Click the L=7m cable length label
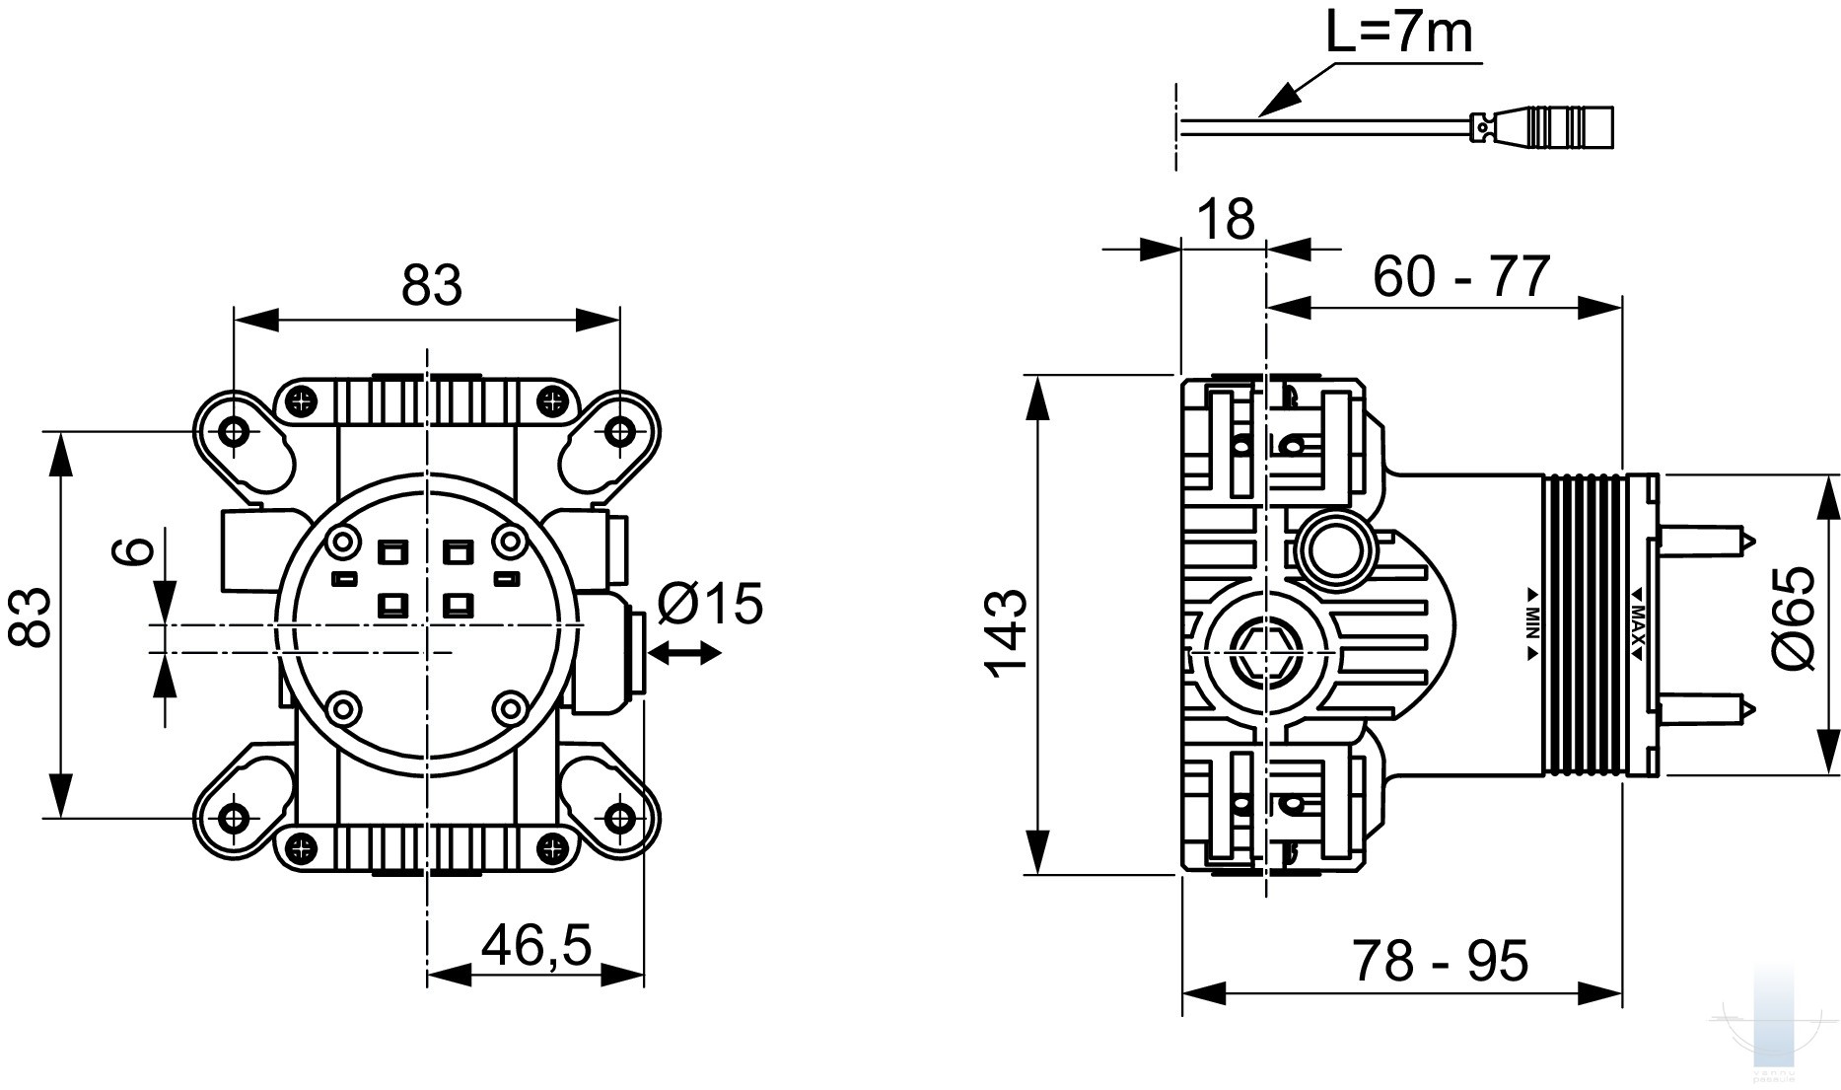point(1398,35)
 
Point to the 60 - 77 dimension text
point(1461,277)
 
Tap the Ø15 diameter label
point(709,603)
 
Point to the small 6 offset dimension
point(139,549)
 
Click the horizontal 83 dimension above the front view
point(431,286)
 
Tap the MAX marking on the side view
point(1637,623)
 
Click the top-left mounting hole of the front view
point(234,431)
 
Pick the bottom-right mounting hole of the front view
point(619,817)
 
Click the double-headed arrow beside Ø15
point(683,653)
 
